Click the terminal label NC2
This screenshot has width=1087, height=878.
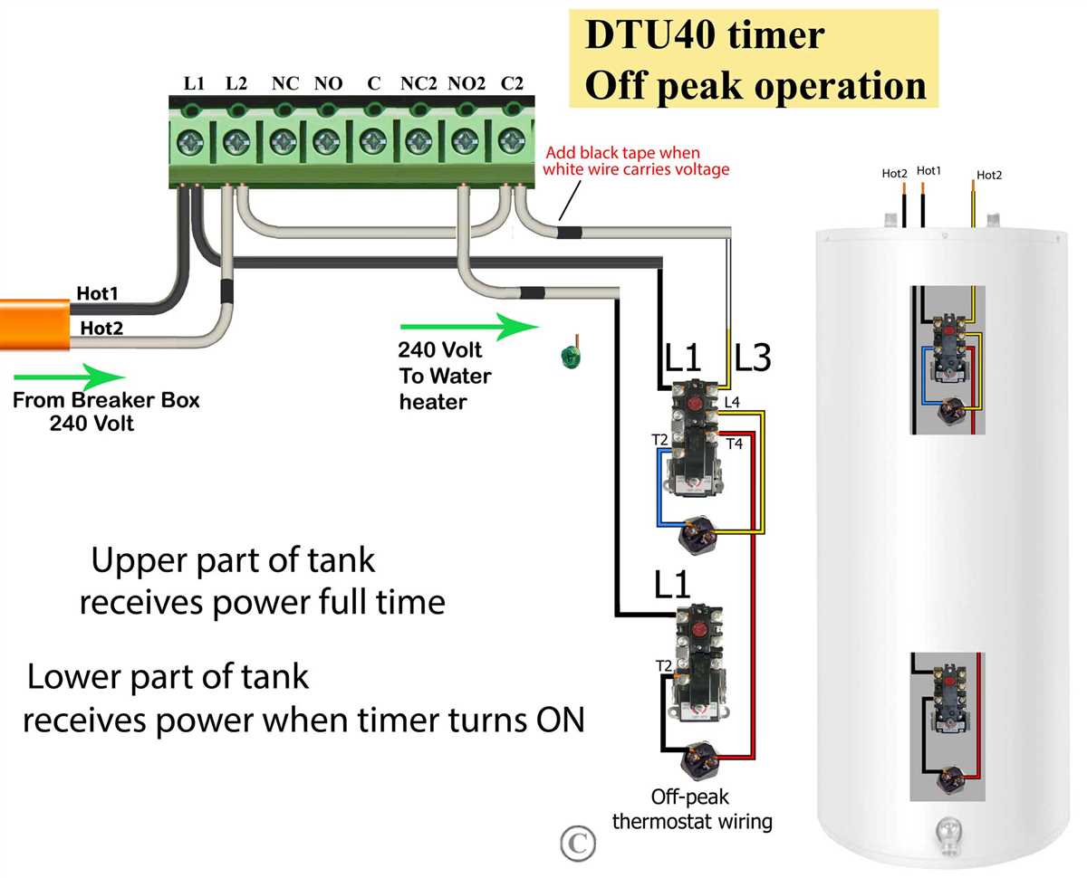click(418, 83)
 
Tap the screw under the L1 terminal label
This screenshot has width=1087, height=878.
click(192, 141)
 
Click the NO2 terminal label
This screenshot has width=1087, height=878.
click(467, 83)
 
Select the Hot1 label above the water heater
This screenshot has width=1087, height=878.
click(928, 170)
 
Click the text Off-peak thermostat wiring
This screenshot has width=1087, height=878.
click(690, 809)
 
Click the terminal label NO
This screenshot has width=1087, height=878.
click(327, 83)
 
